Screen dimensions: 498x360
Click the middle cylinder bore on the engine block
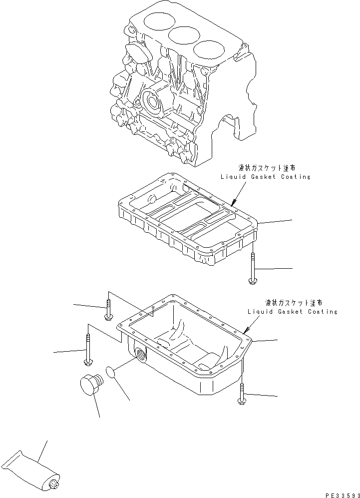coord(182,36)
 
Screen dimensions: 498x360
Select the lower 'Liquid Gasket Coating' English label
coord(293,311)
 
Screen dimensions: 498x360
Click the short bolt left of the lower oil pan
coord(109,308)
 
